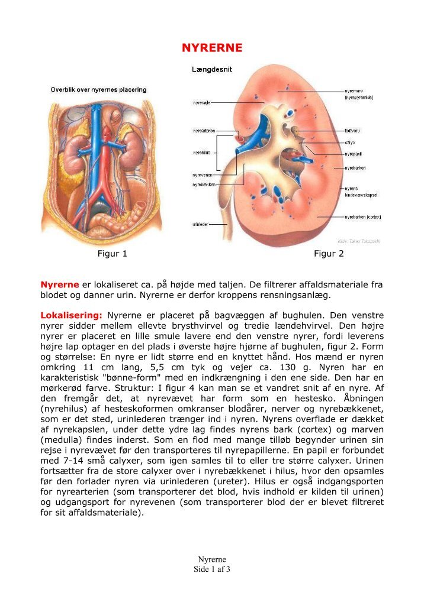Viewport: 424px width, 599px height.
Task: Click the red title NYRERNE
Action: tap(211, 47)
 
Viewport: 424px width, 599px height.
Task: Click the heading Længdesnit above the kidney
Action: tap(211, 69)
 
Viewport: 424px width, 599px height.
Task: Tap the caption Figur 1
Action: tap(112, 254)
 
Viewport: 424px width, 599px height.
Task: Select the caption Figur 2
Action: tap(329, 254)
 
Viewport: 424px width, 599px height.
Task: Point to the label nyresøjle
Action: tap(201, 102)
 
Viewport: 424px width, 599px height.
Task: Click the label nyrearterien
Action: tap(204, 130)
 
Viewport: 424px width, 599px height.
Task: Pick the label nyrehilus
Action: tap(201, 153)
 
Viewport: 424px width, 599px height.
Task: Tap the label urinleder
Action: tap(200, 225)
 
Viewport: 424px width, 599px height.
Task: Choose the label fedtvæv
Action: tap(353, 131)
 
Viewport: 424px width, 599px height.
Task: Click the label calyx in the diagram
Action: tap(349, 143)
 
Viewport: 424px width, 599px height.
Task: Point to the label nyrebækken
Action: tap(203, 184)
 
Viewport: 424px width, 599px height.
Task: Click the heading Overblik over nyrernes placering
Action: tap(98, 90)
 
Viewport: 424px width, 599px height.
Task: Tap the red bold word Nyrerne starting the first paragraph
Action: tap(59, 284)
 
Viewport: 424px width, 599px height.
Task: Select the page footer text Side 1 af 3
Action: tap(211, 569)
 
